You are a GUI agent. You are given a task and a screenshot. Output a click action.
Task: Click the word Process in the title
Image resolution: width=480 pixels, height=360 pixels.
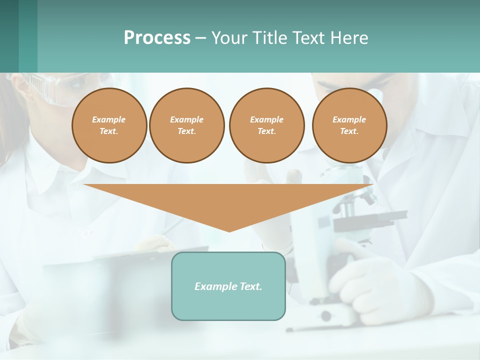157,38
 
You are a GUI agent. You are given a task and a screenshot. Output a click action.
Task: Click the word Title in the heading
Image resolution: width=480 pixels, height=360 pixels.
268,38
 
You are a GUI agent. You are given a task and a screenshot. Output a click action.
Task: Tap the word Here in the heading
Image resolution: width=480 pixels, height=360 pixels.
348,38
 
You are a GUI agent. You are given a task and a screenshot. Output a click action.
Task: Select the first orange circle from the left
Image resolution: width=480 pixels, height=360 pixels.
109,125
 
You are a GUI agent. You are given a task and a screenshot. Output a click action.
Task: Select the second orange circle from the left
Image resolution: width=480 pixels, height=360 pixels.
187,125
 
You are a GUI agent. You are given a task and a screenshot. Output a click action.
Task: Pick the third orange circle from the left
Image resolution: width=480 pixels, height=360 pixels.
266,125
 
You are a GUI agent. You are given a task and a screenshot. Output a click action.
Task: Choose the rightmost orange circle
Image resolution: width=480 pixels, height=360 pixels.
349,125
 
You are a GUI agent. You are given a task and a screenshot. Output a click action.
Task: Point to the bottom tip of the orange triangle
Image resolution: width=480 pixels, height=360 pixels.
229,231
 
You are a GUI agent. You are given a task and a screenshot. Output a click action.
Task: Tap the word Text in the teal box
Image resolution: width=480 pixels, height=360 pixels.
250,286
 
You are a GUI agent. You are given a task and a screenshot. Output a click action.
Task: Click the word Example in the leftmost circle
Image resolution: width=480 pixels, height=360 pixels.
109,119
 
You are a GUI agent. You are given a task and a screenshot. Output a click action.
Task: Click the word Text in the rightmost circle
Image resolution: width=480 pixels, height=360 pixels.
349,131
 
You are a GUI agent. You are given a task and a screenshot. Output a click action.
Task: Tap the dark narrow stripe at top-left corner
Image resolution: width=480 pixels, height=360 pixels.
9,36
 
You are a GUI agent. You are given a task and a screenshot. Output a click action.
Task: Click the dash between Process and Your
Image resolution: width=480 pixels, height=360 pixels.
200,38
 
